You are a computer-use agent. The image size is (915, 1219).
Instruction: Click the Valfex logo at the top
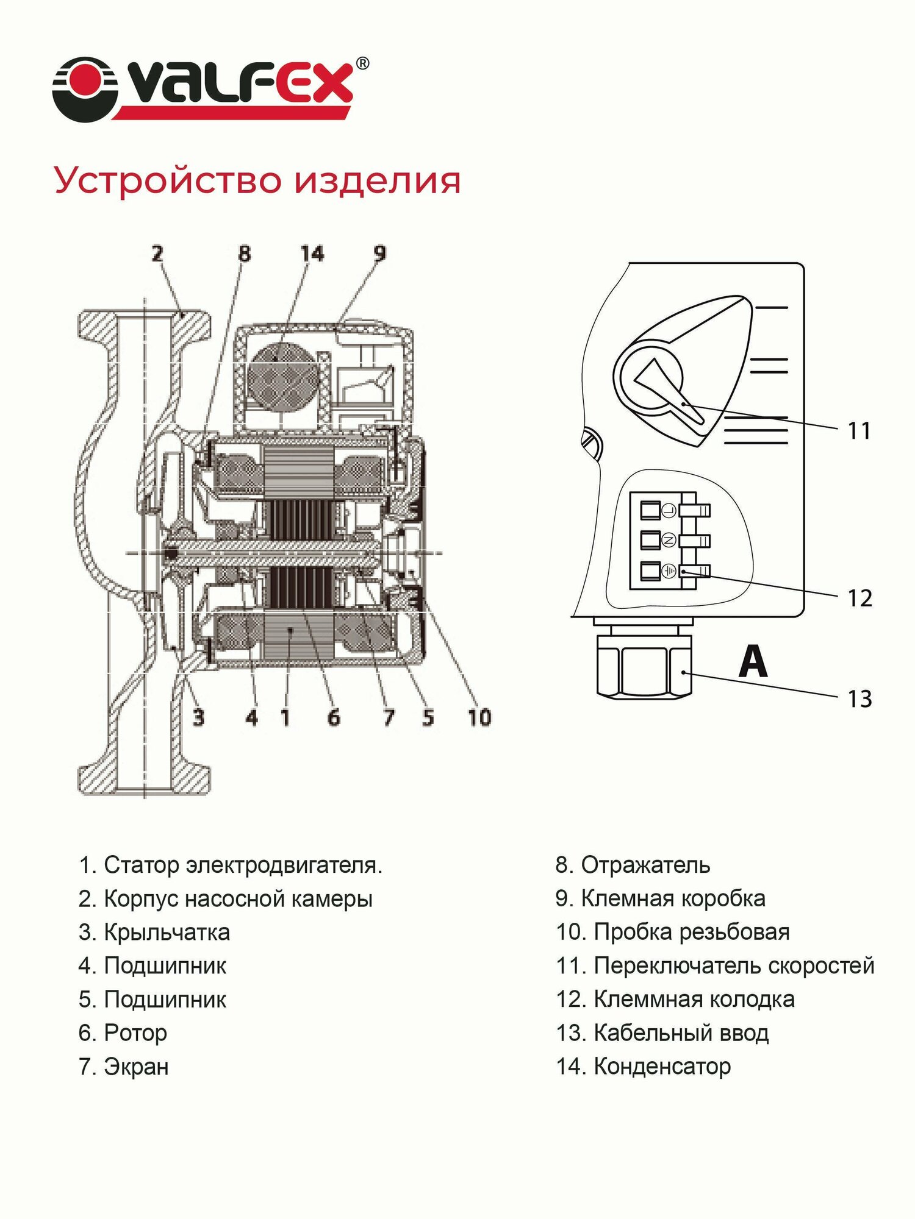pyautogui.click(x=210, y=89)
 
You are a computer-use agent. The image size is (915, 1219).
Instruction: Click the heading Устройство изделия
pyautogui.click(x=257, y=180)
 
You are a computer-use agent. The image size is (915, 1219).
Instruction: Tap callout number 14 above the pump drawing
pyautogui.click(x=312, y=254)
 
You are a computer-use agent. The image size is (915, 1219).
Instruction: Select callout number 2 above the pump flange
pyautogui.click(x=157, y=254)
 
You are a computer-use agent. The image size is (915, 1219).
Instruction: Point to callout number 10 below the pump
pyautogui.click(x=479, y=717)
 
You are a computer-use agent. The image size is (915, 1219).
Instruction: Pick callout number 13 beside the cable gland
pyautogui.click(x=859, y=699)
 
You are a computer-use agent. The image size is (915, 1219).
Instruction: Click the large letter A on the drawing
pyautogui.click(x=753, y=662)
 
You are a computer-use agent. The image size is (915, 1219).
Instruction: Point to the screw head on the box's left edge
pyautogui.click(x=590, y=442)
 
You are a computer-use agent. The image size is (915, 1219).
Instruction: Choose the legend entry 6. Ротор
pyautogui.click(x=123, y=1032)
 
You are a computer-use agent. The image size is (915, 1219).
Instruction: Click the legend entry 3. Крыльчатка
pyautogui.click(x=154, y=932)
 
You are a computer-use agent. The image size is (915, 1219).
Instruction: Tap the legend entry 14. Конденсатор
pyautogui.click(x=643, y=1066)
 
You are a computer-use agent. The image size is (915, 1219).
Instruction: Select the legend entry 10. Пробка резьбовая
pyautogui.click(x=672, y=932)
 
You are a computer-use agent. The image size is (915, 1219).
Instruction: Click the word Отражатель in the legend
pyautogui.click(x=645, y=865)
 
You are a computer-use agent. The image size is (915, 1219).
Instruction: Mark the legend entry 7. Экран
pyautogui.click(x=123, y=1067)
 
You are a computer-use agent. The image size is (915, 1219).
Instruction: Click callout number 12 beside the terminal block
pyautogui.click(x=859, y=599)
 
